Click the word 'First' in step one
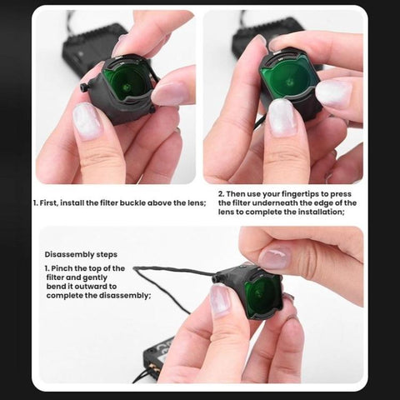click(x=52, y=202)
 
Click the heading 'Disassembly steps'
click(x=81, y=255)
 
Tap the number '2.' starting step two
click(x=222, y=193)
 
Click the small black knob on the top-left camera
click(x=84, y=87)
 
